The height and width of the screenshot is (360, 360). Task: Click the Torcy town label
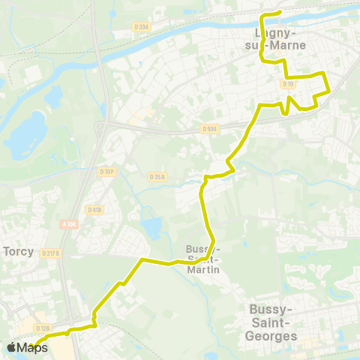[x=19, y=251]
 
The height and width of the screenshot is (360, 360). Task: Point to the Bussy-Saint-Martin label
[x=202, y=259]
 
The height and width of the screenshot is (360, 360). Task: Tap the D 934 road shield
[x=208, y=129]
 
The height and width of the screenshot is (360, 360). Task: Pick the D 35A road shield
[x=157, y=177]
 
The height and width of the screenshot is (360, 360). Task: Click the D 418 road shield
[x=94, y=209]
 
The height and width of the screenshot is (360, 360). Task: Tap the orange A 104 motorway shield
[x=69, y=223]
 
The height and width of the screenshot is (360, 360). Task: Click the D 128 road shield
[x=43, y=328]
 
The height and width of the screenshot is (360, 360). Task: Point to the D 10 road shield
[x=288, y=84]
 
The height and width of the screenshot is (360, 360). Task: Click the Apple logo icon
[x=11, y=347]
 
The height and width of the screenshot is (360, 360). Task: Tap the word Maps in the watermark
[x=32, y=347]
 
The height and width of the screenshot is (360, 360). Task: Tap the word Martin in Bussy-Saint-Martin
[x=202, y=269]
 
